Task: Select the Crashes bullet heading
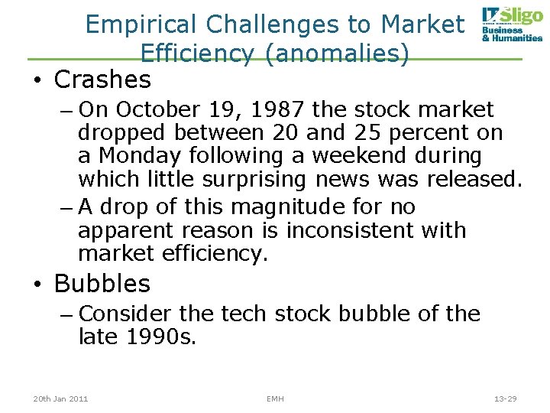tap(103, 79)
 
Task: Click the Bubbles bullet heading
tap(102, 284)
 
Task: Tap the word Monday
tap(141, 156)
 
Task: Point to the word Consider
tap(125, 314)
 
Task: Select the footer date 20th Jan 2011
tap(60, 398)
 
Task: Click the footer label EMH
tap(275, 398)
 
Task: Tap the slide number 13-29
tap(506, 398)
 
